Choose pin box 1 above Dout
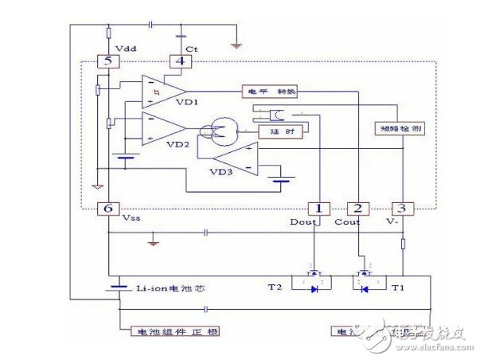click(318, 208)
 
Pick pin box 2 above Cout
click(360, 208)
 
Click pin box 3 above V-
click(402, 208)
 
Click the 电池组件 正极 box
click(168, 330)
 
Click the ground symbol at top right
click(236, 45)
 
